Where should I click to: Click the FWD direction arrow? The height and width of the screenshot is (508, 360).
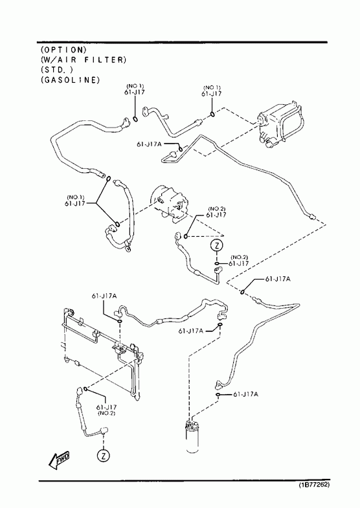(59, 459)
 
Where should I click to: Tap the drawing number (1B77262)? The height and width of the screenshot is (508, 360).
(314, 485)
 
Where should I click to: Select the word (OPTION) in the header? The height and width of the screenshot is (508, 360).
(64, 50)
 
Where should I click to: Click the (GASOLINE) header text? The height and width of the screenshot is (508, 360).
(71, 80)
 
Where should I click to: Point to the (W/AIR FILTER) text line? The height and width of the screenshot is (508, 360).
(84, 60)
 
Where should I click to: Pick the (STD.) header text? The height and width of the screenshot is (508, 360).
(57, 70)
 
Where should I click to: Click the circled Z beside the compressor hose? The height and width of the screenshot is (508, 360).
(217, 245)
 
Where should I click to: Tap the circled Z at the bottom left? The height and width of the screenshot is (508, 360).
(103, 456)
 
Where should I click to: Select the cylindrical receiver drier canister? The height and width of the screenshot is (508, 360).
(192, 436)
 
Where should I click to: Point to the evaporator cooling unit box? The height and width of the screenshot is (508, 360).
(280, 124)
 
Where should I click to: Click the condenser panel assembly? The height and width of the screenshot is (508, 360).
(102, 351)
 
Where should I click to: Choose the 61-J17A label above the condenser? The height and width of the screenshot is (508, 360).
(104, 296)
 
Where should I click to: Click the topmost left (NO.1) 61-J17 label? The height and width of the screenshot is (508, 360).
(135, 89)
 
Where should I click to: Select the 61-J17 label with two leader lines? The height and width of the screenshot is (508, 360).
(76, 201)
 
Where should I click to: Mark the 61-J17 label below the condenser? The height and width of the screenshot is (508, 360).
(106, 410)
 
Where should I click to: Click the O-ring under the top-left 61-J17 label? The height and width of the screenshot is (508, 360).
(135, 119)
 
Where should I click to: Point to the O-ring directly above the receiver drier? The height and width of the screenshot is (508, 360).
(218, 394)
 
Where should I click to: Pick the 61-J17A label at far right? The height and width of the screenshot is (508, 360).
(278, 279)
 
